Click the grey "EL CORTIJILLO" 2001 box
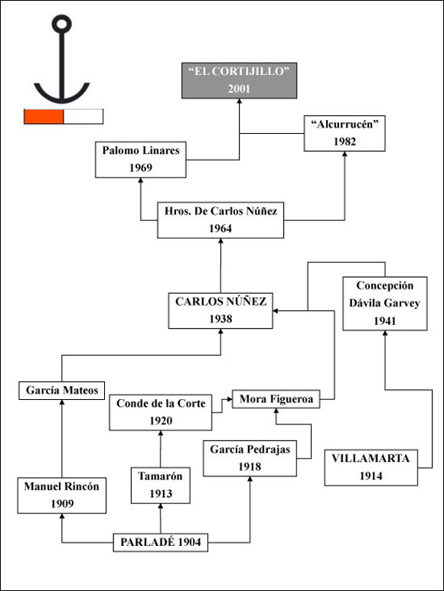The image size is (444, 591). click(239, 80)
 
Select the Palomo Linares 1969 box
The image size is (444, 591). click(141, 160)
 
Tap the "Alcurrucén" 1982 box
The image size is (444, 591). click(344, 134)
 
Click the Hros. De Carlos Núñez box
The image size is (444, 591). click(220, 220)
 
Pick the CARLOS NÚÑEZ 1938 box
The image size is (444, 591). click(220, 310)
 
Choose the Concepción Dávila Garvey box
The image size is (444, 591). click(385, 304)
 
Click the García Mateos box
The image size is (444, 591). click(62, 391)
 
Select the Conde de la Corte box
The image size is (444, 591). click(161, 412)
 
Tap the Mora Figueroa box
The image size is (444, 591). click(276, 399)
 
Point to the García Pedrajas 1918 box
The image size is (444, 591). click(250, 458)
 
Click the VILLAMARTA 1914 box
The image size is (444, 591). click(371, 467)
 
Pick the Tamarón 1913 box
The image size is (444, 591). click(161, 485)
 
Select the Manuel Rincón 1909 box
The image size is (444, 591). click(62, 495)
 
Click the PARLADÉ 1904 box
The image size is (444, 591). click(161, 543)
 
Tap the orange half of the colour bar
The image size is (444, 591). click(44, 116)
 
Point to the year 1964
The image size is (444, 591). click(220, 229)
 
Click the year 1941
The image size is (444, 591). click(385, 321)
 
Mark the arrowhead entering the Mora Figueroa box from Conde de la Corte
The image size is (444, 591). click(230, 399)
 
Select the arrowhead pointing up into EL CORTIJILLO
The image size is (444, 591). click(239, 101)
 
